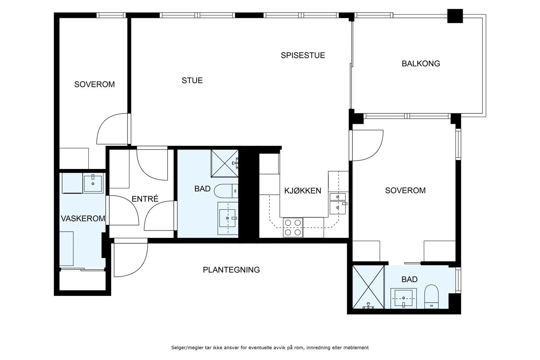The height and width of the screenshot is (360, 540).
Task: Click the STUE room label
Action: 192,81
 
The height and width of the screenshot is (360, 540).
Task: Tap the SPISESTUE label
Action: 303,55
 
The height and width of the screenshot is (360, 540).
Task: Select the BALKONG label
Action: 421,64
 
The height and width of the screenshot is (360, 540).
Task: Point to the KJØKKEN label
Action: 302,191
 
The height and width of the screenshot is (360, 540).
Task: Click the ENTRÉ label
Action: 145,198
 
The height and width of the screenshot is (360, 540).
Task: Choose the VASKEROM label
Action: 83,219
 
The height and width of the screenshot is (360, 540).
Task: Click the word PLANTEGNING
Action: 231,270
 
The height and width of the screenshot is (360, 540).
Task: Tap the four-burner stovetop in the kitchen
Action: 293,227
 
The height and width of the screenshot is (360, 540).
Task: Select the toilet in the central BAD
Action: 226,191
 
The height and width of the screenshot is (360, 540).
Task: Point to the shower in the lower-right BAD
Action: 368,287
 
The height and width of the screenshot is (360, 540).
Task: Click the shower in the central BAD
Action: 225,163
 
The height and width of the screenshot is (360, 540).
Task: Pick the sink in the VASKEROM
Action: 93,183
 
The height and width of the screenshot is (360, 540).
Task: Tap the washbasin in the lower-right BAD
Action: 403,298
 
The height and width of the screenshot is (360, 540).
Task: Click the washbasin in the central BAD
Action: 227,218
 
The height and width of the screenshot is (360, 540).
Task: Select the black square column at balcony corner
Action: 455,16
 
